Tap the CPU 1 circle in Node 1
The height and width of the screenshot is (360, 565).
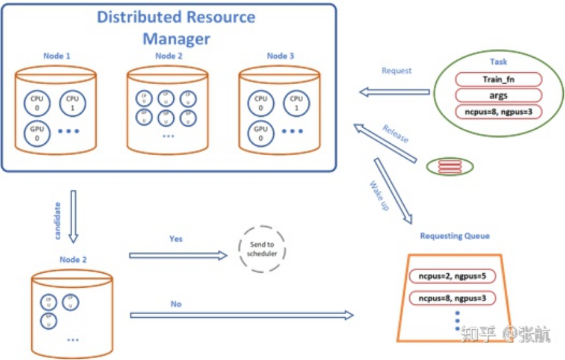coord(73,103)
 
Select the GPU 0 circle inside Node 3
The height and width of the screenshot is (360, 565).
coord(261,134)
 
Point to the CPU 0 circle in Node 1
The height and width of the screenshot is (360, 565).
coord(36,103)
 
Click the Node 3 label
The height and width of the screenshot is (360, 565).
coord(280,56)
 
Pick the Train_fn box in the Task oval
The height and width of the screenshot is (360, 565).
coord(498,79)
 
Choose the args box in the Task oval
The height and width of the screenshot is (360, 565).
coord(498,95)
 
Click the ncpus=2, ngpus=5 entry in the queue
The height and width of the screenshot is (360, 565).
coord(448,276)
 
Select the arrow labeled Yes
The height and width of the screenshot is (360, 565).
coord(178,255)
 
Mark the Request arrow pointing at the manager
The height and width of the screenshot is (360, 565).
coord(395,92)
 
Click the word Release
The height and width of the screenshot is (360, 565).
coord(395,133)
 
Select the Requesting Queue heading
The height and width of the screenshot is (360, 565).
coord(455,236)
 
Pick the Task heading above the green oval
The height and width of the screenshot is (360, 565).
coord(498,62)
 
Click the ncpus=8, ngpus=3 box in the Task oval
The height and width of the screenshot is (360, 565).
coord(498,112)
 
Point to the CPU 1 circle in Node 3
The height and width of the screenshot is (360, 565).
coord(297,103)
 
